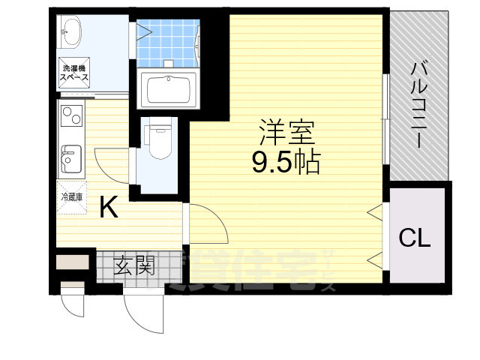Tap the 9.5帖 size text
click(286, 161)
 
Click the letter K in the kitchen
click(109, 207)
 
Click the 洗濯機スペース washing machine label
click(75, 73)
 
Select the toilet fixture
click(158, 140)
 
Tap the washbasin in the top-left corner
click(72, 31)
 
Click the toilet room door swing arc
click(112, 165)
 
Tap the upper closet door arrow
click(373, 214)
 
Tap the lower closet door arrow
click(373, 260)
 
